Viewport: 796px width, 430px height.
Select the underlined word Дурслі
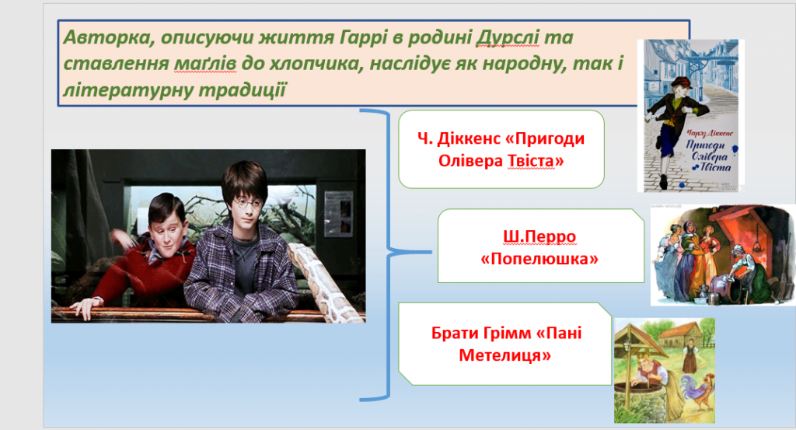508,37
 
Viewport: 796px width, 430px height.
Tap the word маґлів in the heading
205,64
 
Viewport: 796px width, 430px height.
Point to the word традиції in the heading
243,90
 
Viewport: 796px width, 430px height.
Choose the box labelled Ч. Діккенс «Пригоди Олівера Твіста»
501,149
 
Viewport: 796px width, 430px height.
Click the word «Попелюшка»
539,259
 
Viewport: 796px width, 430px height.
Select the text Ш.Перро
539,236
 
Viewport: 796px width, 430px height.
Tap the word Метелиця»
504,355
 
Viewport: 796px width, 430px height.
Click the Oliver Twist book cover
691,116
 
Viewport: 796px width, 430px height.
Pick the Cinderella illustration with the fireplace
723,255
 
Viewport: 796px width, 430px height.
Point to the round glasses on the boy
248,204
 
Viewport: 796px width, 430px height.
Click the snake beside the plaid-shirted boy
325,279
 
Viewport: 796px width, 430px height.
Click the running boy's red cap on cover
679,82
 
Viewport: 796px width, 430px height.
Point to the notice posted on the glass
338,213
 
